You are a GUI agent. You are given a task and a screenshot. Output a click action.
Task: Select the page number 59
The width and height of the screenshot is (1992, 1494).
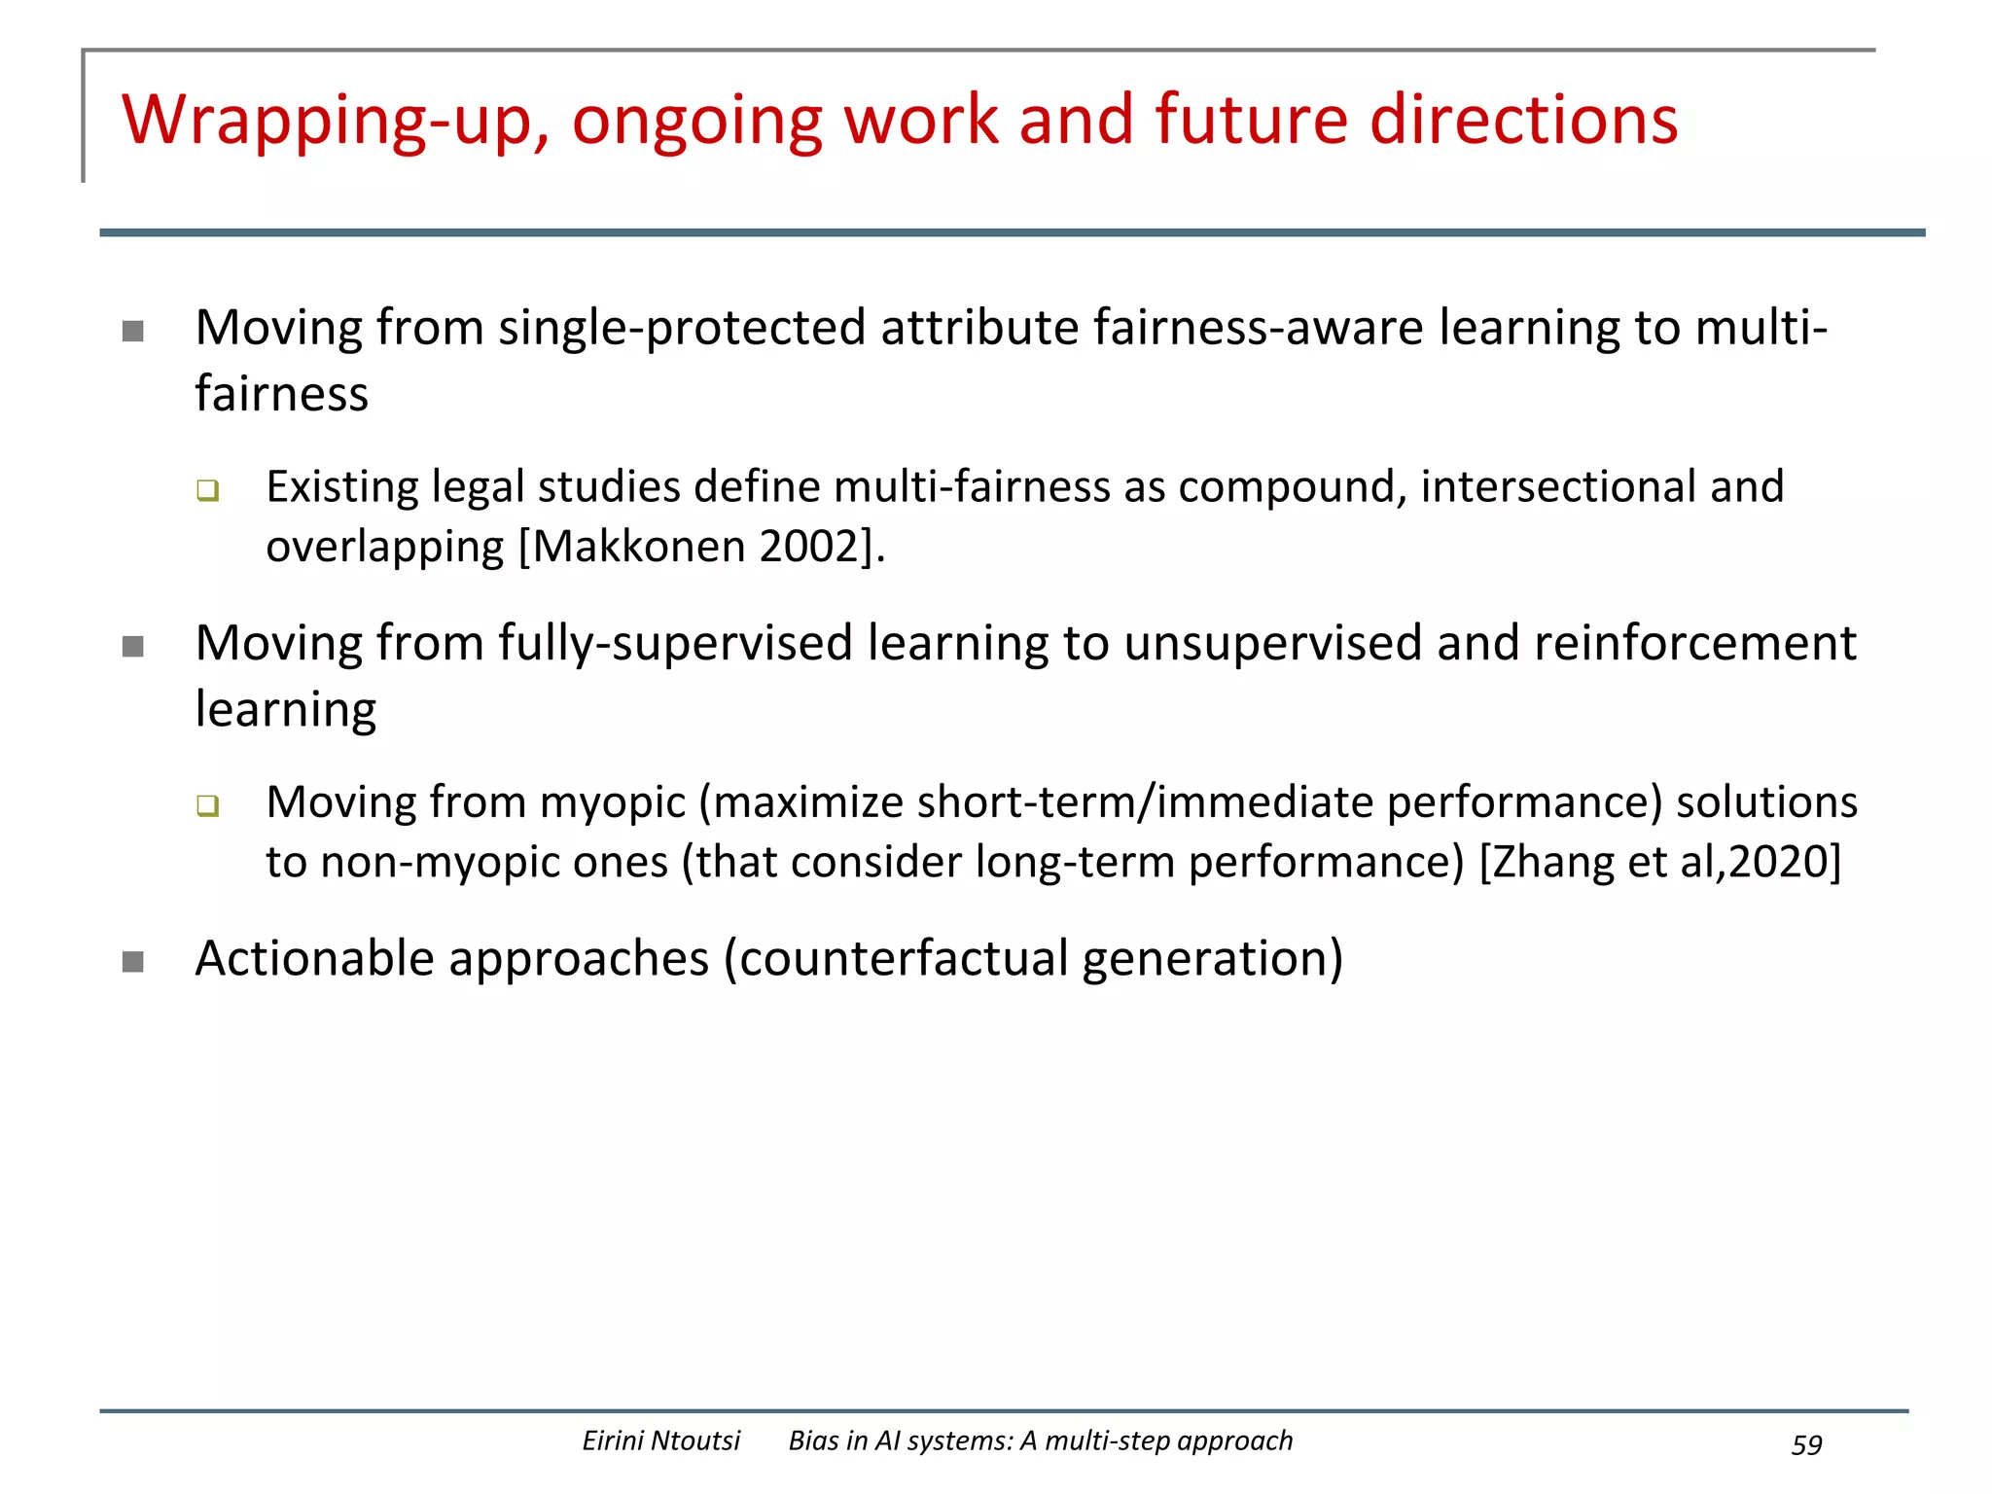pos(1806,1444)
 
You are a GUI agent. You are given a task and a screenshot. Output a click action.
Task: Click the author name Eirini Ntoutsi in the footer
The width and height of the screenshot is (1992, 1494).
pos(660,1441)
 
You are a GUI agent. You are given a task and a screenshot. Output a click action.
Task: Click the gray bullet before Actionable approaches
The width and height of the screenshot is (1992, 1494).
pos(133,962)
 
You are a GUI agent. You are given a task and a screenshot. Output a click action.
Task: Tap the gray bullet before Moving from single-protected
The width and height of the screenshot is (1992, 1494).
pos(133,332)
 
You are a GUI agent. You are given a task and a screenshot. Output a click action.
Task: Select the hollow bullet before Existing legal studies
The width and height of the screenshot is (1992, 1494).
pos(207,490)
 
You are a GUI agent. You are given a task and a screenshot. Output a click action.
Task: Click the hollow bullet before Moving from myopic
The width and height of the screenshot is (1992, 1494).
pos(207,805)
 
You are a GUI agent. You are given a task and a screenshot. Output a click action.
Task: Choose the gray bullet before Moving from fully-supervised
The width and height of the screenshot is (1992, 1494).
pos(133,647)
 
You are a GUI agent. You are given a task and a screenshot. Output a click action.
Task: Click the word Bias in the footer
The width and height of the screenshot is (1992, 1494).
pos(813,1441)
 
